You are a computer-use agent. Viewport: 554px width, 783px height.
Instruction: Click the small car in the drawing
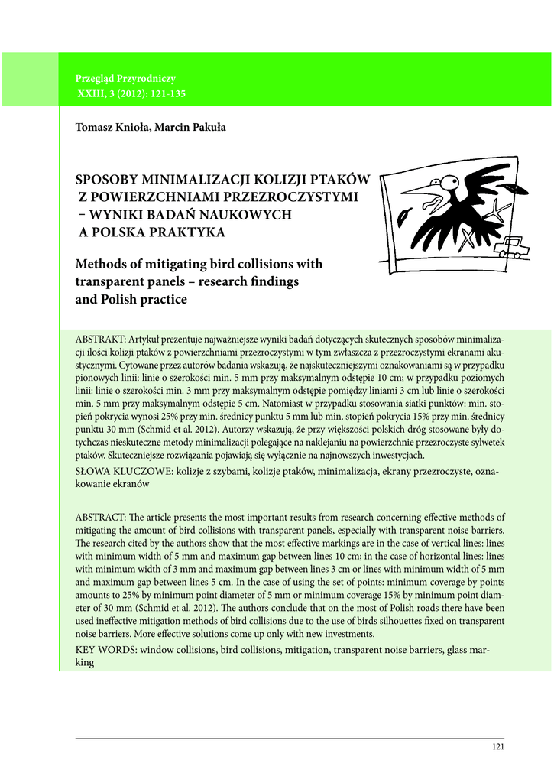516,245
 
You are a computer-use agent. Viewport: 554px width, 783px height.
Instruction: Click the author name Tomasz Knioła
111,127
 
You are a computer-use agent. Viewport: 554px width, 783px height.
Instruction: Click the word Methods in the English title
102,265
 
